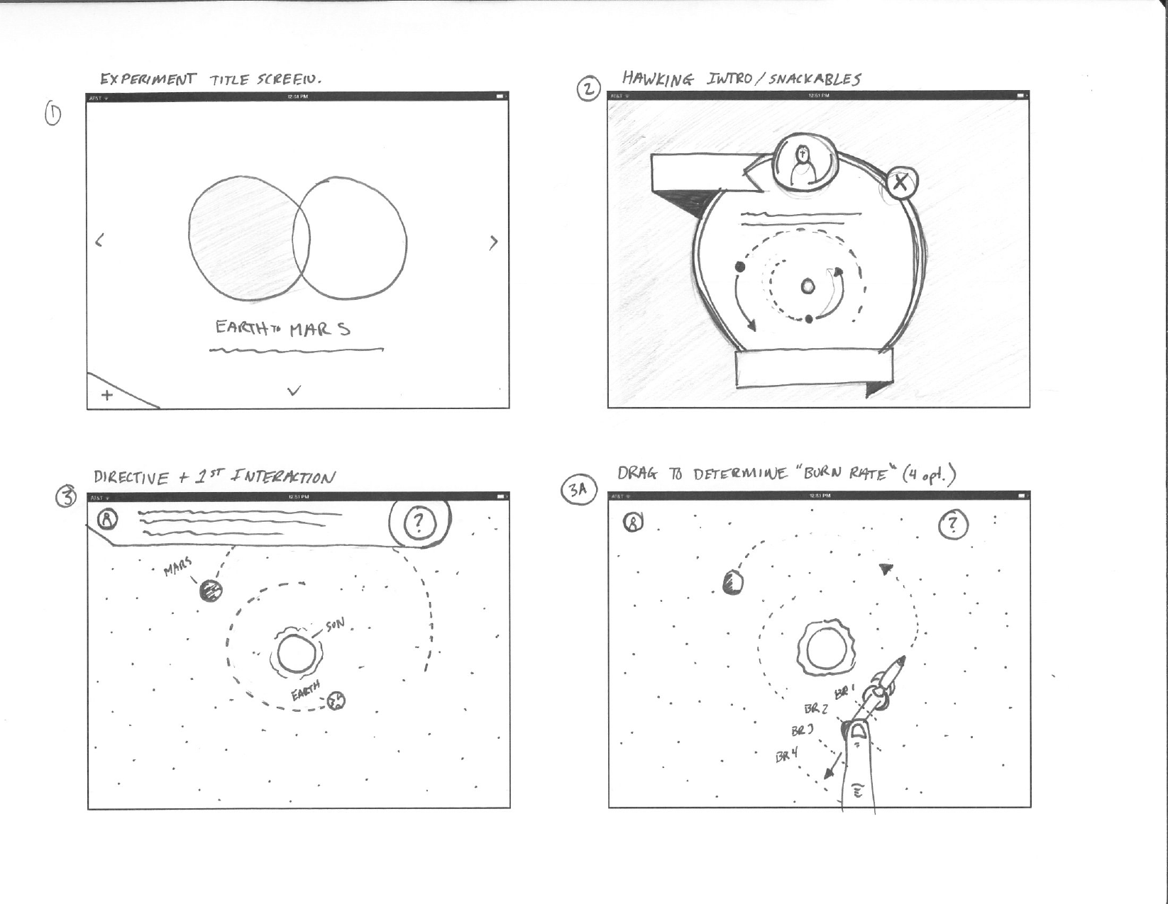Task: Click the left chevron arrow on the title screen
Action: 99,240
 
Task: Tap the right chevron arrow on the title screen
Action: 494,242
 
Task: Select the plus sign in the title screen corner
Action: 107,395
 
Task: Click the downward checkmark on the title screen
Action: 294,390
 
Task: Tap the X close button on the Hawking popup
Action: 900,183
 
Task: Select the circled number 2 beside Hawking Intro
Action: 588,90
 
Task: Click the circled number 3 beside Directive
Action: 66,497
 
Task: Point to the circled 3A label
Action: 579,490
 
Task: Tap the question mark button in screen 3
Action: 419,523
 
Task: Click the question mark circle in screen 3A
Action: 953,525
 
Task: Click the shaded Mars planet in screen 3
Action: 211,590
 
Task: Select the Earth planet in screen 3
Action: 337,701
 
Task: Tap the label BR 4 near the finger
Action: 786,756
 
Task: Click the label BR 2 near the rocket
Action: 815,708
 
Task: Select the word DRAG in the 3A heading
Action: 637,474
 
